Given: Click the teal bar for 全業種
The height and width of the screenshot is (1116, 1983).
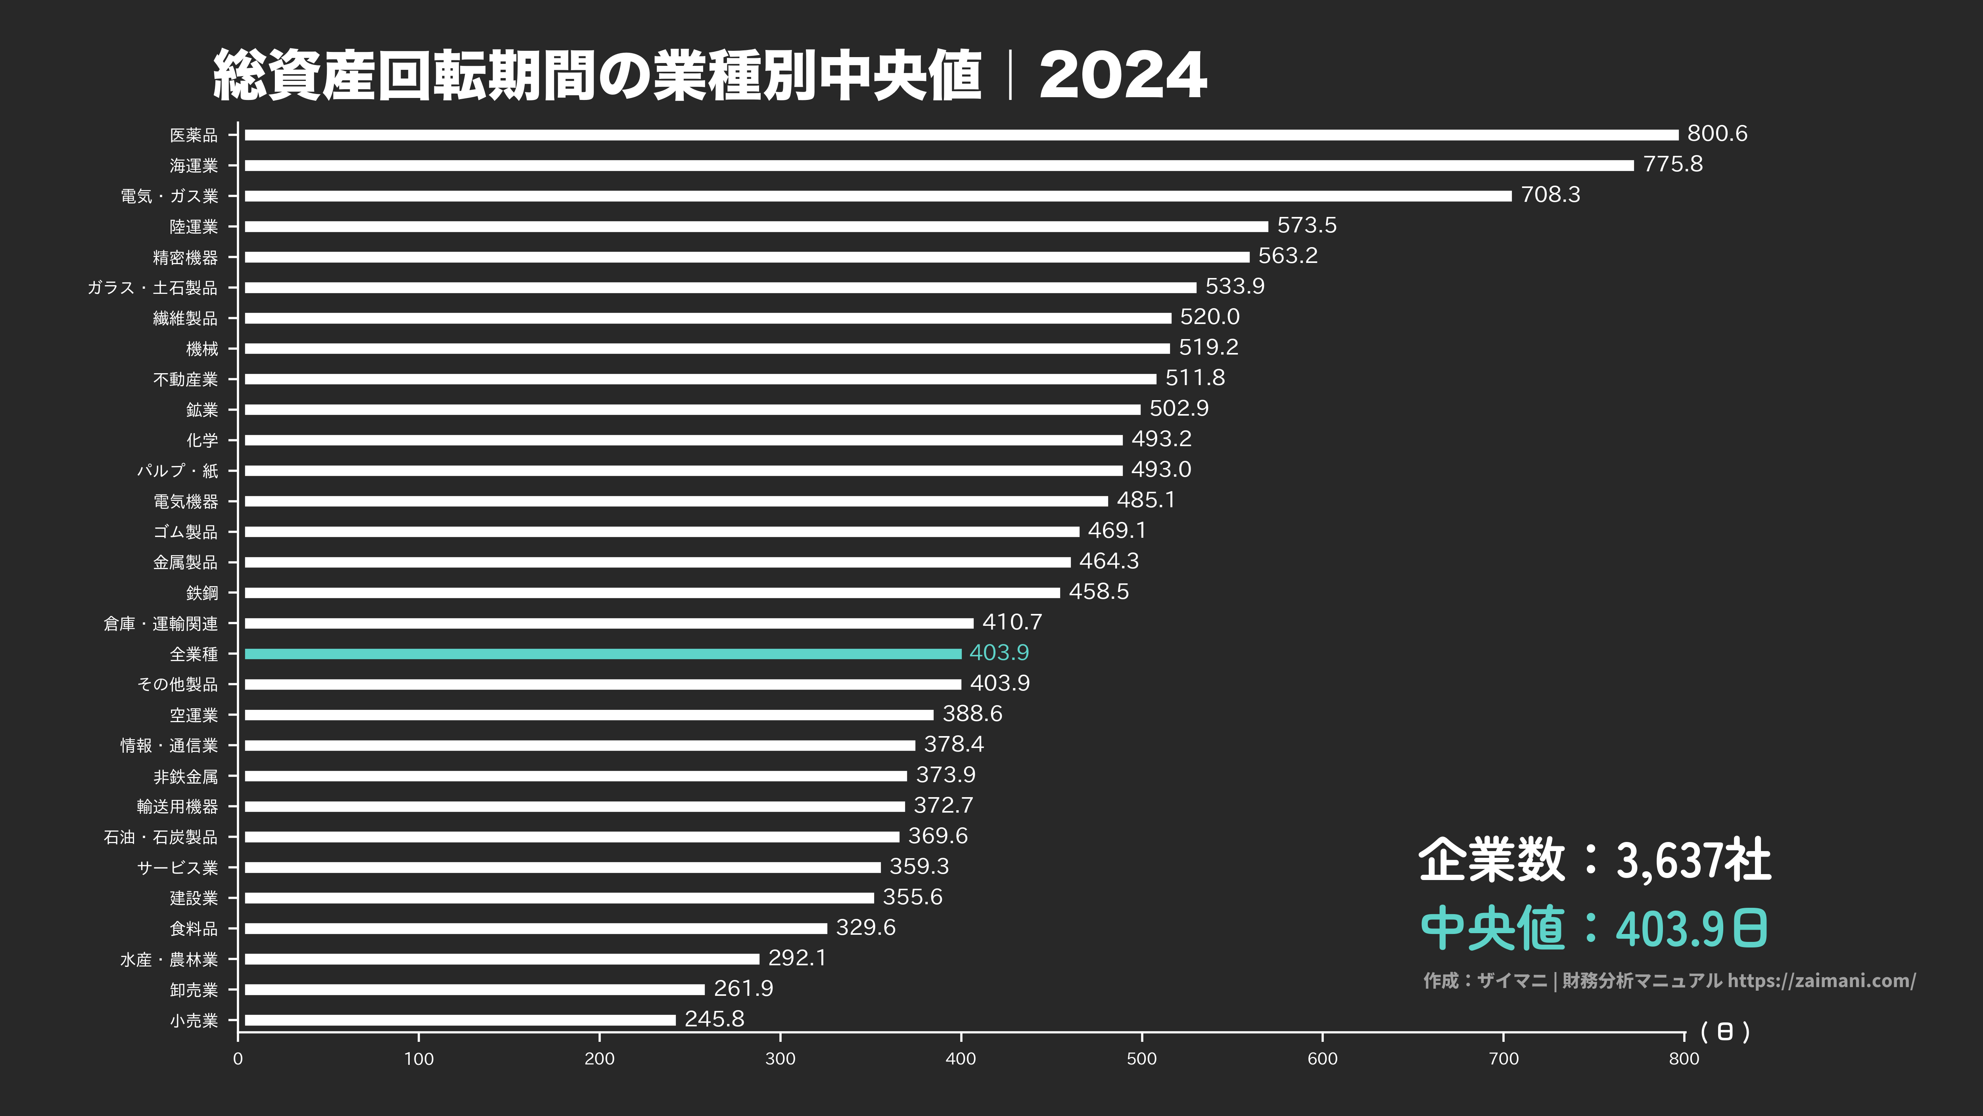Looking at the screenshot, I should coord(603,654).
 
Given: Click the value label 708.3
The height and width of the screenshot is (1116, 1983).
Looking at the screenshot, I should coord(1550,195).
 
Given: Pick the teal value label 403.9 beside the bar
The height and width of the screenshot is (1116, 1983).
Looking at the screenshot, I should coord(998,653).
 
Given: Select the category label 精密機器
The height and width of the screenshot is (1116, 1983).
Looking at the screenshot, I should coord(186,257).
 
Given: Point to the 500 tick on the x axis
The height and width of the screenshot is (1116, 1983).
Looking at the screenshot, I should coord(1141,1058).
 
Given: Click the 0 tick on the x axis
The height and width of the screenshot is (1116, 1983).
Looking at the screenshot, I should coord(238,1058).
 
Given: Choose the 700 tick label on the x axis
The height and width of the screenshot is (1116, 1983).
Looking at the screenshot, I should coord(1504,1058).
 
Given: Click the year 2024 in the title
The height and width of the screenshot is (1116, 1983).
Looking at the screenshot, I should coord(1122,75).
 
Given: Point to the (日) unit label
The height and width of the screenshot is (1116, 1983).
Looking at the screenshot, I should coord(1725,1032).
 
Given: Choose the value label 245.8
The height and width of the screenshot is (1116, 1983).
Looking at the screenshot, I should coord(714,1019).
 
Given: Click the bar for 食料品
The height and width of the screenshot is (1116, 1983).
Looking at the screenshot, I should coord(536,928).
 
